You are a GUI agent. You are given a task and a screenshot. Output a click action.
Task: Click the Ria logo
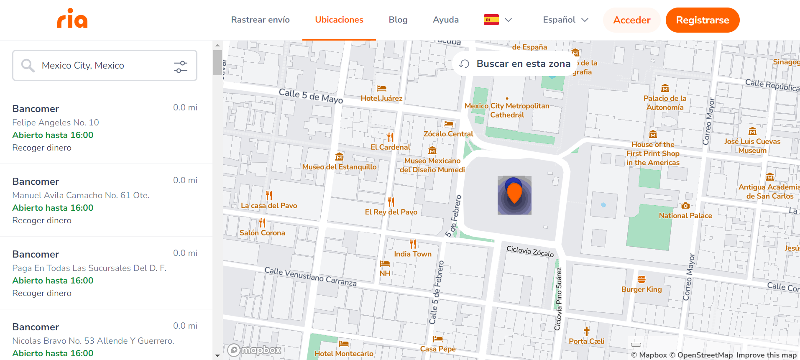(72, 19)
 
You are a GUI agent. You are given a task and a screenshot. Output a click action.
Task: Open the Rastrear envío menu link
(260, 20)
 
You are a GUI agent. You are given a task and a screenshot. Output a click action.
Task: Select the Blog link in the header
(398, 20)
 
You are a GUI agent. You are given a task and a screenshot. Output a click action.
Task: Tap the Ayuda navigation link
(445, 20)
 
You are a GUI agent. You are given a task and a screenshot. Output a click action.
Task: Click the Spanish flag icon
(491, 20)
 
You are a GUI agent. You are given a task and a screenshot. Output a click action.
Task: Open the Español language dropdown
(565, 20)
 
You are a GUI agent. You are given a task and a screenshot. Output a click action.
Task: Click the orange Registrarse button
(702, 20)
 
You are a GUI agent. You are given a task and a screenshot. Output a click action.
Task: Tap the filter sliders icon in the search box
(181, 66)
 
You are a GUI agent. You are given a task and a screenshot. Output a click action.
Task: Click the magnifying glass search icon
(28, 65)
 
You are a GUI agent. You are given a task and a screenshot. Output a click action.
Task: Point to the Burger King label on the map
(642, 289)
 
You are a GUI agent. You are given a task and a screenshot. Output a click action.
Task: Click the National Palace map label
(685, 216)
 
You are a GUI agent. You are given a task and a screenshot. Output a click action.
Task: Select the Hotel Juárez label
(381, 98)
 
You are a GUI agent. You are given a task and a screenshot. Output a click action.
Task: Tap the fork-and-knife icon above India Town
(413, 244)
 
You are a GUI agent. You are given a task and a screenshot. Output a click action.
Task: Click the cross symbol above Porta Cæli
(586, 332)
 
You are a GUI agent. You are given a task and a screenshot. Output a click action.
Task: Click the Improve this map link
(766, 355)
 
